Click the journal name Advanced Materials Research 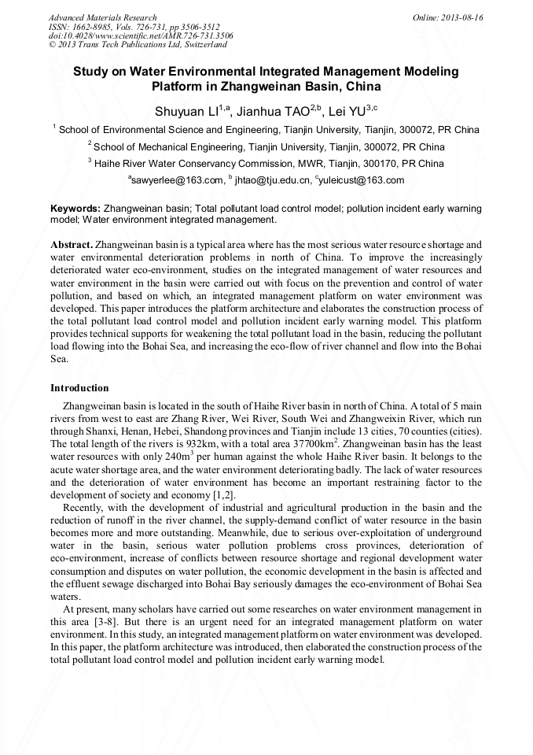coord(103,17)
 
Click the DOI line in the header coord(141,35)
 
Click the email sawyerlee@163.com coord(176,180)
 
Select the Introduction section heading coord(79,388)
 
